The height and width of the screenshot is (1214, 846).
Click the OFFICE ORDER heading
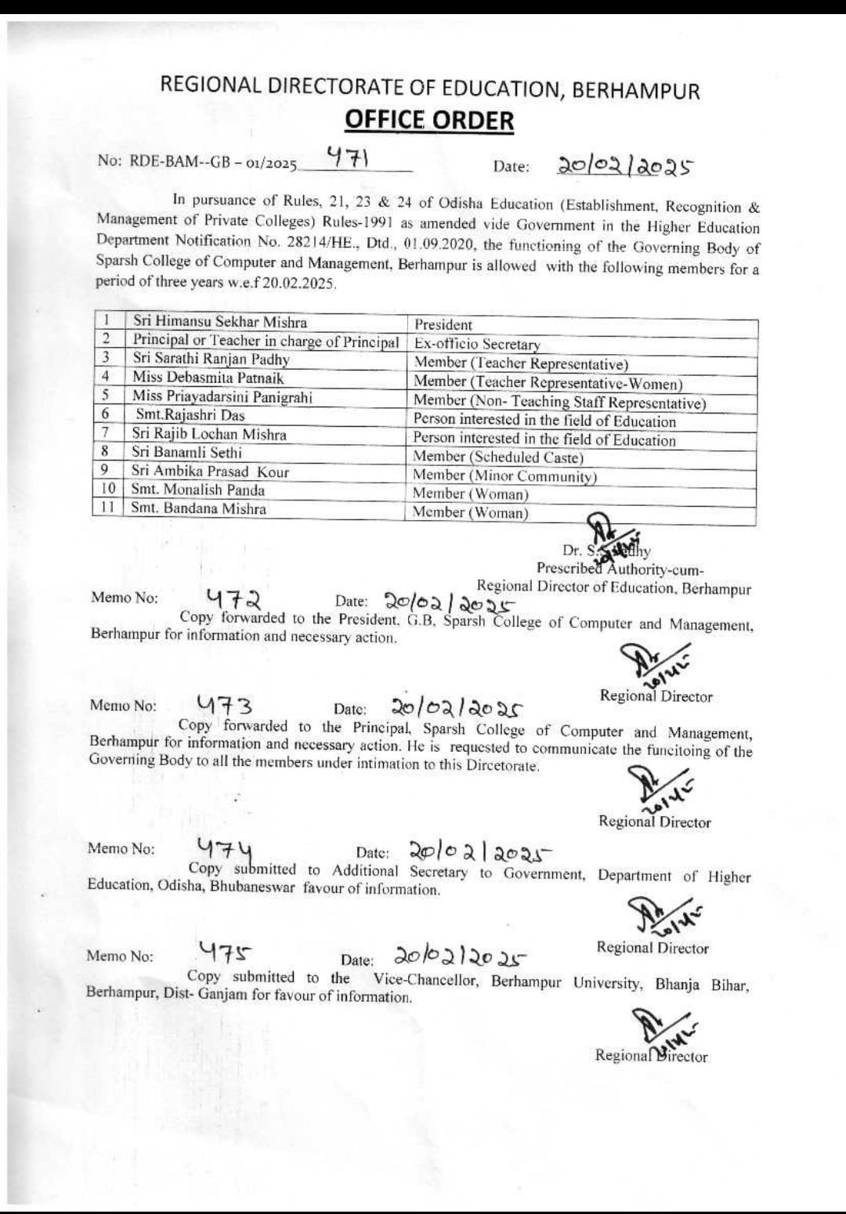[429, 121]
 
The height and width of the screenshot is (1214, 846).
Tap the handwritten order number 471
[348, 158]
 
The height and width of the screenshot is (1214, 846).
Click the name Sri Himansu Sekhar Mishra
[220, 322]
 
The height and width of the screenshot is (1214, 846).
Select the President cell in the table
[443, 324]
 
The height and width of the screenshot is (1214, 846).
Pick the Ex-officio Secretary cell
[477, 344]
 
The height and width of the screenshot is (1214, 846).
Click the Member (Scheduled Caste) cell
[498, 457]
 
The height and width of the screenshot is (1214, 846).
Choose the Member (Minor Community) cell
[504, 476]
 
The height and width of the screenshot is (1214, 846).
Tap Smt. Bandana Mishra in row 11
[198, 508]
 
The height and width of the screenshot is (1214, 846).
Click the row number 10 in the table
[109, 489]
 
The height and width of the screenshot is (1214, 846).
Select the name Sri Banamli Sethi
[186, 452]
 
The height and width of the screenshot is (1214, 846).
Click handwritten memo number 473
[224, 705]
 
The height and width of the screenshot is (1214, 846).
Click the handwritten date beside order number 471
[625, 166]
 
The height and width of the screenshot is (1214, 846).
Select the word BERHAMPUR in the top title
[635, 90]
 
